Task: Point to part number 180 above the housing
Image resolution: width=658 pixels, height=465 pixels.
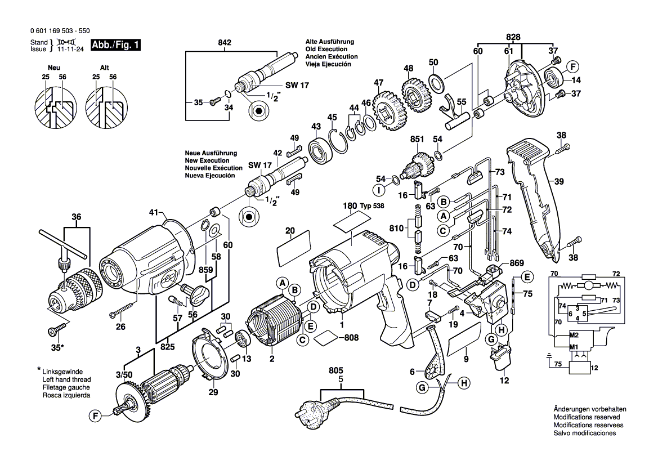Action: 350,206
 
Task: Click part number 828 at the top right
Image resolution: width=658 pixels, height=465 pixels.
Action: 513,37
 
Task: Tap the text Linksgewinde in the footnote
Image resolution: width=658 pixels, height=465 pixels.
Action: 61,372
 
